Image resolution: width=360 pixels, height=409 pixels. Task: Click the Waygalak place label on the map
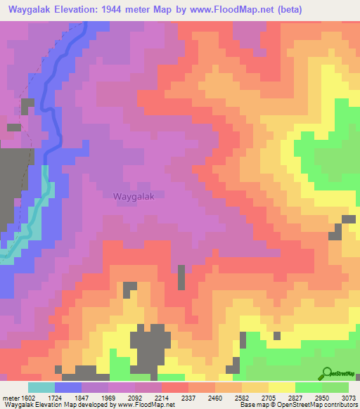(133, 197)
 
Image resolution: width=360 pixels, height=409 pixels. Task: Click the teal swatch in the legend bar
(41, 387)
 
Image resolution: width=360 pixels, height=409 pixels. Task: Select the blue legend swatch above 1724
(67, 387)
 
